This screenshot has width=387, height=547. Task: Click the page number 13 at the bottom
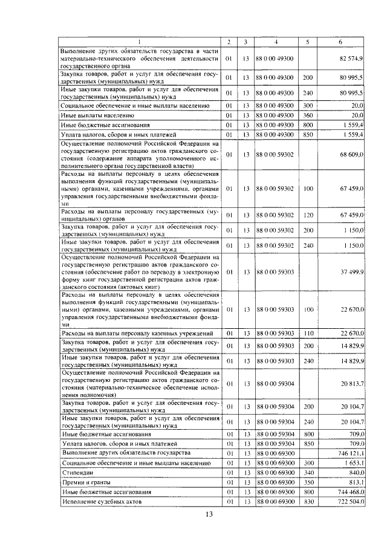209,514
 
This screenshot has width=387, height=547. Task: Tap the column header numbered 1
139,42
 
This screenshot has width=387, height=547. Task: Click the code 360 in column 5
307,114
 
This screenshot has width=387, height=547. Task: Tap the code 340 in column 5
307,472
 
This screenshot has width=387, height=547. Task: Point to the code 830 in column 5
307,501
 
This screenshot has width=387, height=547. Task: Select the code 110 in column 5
307,332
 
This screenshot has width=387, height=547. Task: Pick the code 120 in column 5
307,215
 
